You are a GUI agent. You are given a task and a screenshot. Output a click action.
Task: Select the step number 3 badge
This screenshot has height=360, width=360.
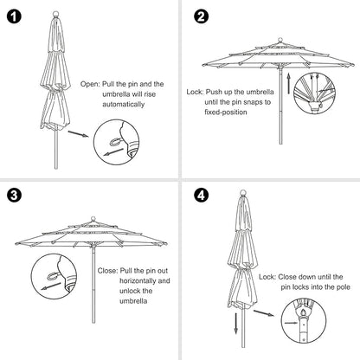point(15,195)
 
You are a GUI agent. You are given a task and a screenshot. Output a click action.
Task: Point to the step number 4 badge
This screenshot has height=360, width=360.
point(201,196)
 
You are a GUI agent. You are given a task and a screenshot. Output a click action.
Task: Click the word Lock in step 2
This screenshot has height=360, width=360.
point(196,89)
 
